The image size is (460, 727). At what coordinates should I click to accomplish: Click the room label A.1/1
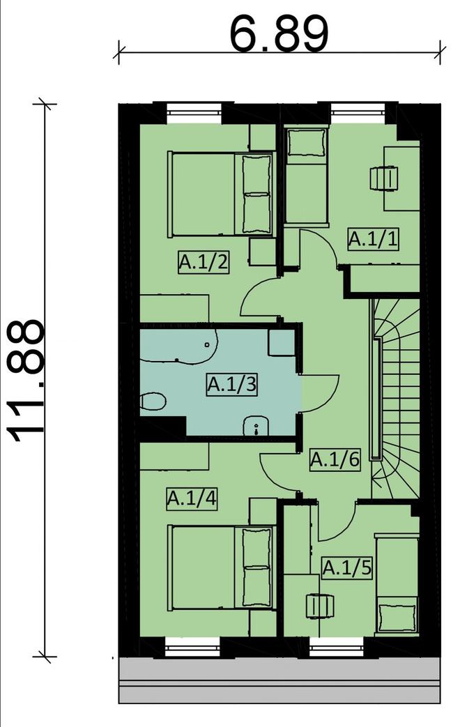click(x=374, y=240)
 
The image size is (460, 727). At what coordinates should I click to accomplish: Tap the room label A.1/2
click(x=204, y=263)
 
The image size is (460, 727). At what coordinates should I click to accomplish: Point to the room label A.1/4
click(x=192, y=499)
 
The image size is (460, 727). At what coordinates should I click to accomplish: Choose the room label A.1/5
click(x=347, y=567)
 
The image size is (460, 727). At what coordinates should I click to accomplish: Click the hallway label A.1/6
click(x=335, y=459)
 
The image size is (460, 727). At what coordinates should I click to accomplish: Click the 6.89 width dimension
click(x=279, y=33)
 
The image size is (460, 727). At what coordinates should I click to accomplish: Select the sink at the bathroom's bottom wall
click(x=256, y=426)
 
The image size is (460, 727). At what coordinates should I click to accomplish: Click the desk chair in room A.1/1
click(x=384, y=178)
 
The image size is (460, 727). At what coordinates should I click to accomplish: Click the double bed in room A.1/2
click(x=222, y=194)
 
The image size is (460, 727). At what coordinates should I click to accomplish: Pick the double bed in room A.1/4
click(x=222, y=567)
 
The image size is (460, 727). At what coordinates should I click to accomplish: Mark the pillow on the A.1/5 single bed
click(x=397, y=616)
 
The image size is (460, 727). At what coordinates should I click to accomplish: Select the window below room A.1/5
click(x=337, y=648)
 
